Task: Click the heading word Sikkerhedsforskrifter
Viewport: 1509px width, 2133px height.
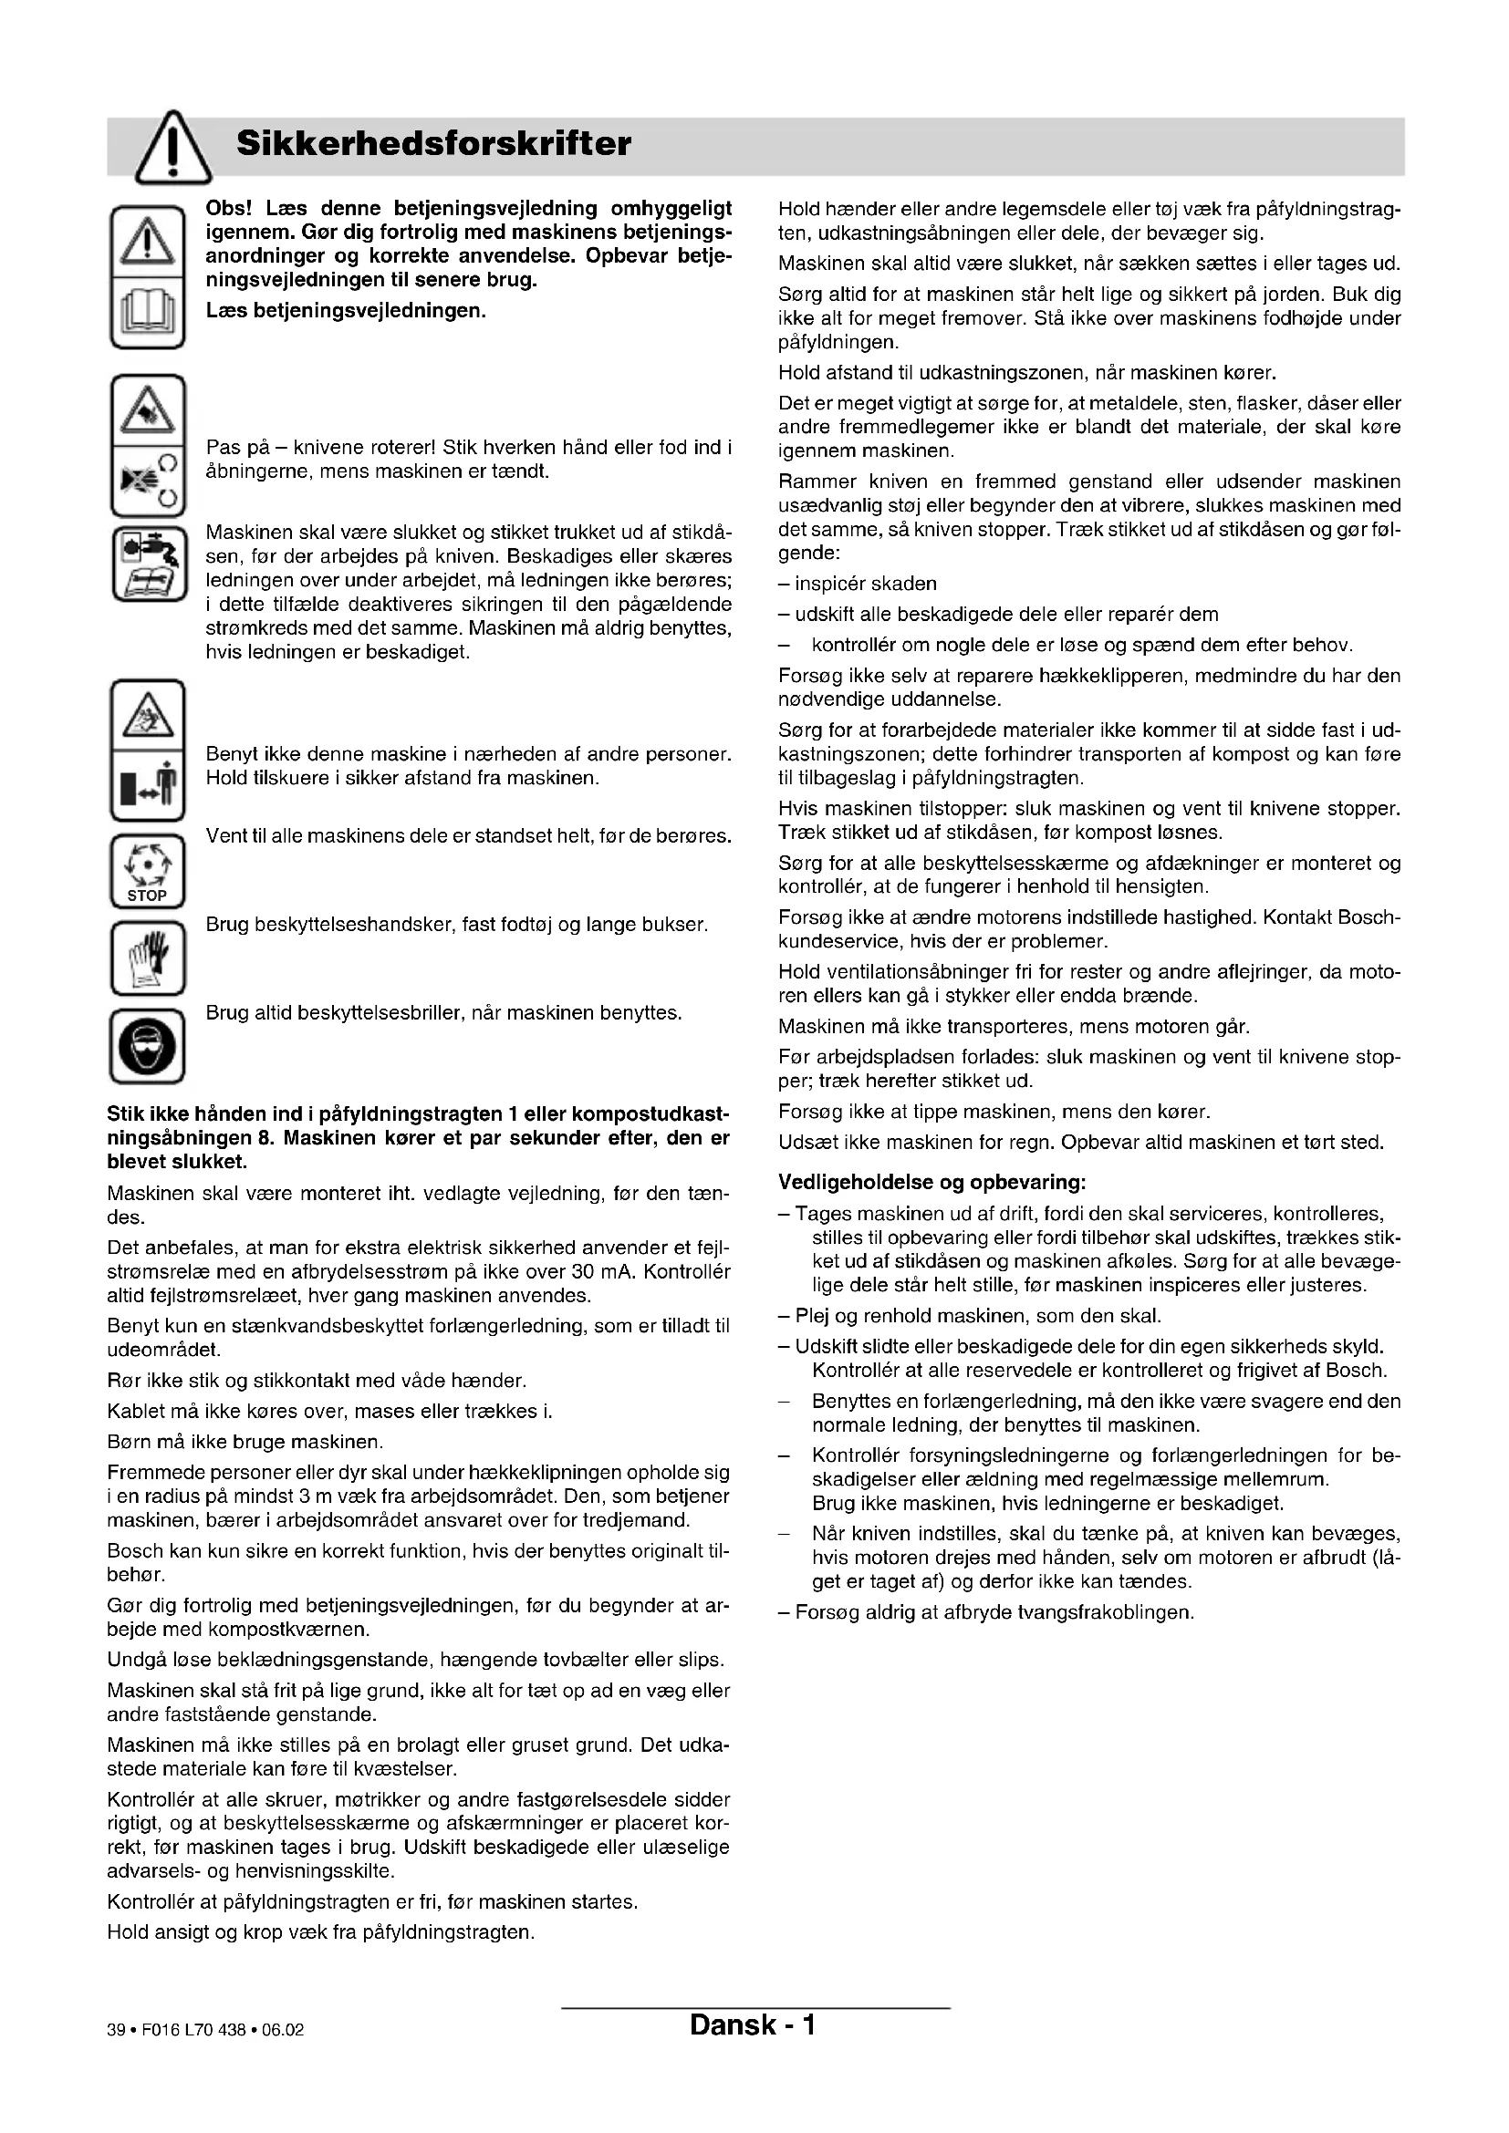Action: (x=433, y=144)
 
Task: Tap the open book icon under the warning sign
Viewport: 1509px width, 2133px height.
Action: (x=148, y=312)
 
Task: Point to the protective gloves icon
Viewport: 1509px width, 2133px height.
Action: (x=148, y=957)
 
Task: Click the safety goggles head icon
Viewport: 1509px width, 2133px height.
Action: (x=148, y=1046)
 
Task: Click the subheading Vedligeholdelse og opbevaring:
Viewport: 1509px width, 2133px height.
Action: (x=932, y=1183)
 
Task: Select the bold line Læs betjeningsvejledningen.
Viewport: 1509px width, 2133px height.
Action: (x=346, y=310)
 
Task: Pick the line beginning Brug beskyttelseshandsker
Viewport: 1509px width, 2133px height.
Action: (x=456, y=925)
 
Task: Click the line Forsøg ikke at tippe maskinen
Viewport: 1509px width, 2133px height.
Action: (x=994, y=1111)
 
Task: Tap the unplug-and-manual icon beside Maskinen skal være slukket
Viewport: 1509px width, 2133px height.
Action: (x=148, y=564)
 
